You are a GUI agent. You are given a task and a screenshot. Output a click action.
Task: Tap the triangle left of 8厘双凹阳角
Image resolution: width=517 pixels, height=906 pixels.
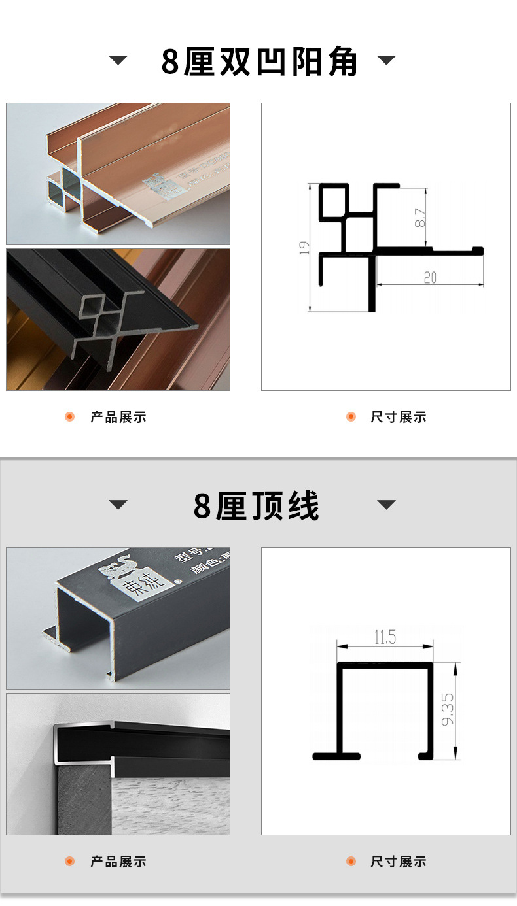point(118,61)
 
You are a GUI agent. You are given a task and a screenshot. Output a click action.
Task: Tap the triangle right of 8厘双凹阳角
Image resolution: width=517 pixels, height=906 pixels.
point(387,61)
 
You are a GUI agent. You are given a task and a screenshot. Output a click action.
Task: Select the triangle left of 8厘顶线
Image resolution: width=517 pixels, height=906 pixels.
point(118,505)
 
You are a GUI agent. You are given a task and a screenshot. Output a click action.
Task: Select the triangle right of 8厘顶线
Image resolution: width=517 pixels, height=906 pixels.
point(387,505)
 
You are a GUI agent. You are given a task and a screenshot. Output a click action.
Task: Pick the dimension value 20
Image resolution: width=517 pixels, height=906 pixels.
point(429,277)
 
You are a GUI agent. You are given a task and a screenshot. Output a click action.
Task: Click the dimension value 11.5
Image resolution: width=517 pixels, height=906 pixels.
point(385,637)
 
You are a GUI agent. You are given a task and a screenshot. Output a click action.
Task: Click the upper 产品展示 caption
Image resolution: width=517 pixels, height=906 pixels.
point(118,417)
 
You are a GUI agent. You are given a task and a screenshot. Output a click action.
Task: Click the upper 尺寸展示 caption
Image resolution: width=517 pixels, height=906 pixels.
point(399,417)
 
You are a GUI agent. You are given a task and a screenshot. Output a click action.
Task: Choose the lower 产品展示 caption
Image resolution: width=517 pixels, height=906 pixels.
point(118,862)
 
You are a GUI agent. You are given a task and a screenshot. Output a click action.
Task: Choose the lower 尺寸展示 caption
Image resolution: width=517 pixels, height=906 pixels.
point(399,862)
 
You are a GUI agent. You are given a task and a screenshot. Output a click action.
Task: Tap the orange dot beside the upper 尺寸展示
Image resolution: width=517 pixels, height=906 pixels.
point(351,417)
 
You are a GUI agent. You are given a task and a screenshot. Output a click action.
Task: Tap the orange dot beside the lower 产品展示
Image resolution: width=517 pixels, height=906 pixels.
point(70,862)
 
